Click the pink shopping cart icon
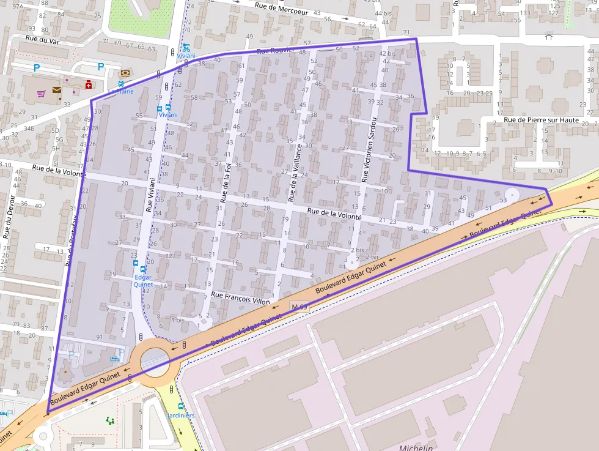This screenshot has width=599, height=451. tap(41, 94)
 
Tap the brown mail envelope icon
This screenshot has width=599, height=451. tap(57, 90)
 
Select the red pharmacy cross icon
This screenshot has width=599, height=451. tap(89, 85)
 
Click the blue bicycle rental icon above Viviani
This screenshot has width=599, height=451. tap(186, 47)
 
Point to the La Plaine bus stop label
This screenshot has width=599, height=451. tap(121, 92)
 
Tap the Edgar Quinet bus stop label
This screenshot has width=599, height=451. tap(142, 280)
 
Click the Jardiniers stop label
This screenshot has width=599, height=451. tap(181, 416)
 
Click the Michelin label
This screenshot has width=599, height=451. tap(416, 447)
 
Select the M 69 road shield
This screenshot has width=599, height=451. tap(298, 306)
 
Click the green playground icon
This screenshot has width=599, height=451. tap(110, 420)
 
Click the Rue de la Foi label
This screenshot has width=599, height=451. tap(226, 182)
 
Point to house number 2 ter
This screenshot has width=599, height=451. tap(371, 256)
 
